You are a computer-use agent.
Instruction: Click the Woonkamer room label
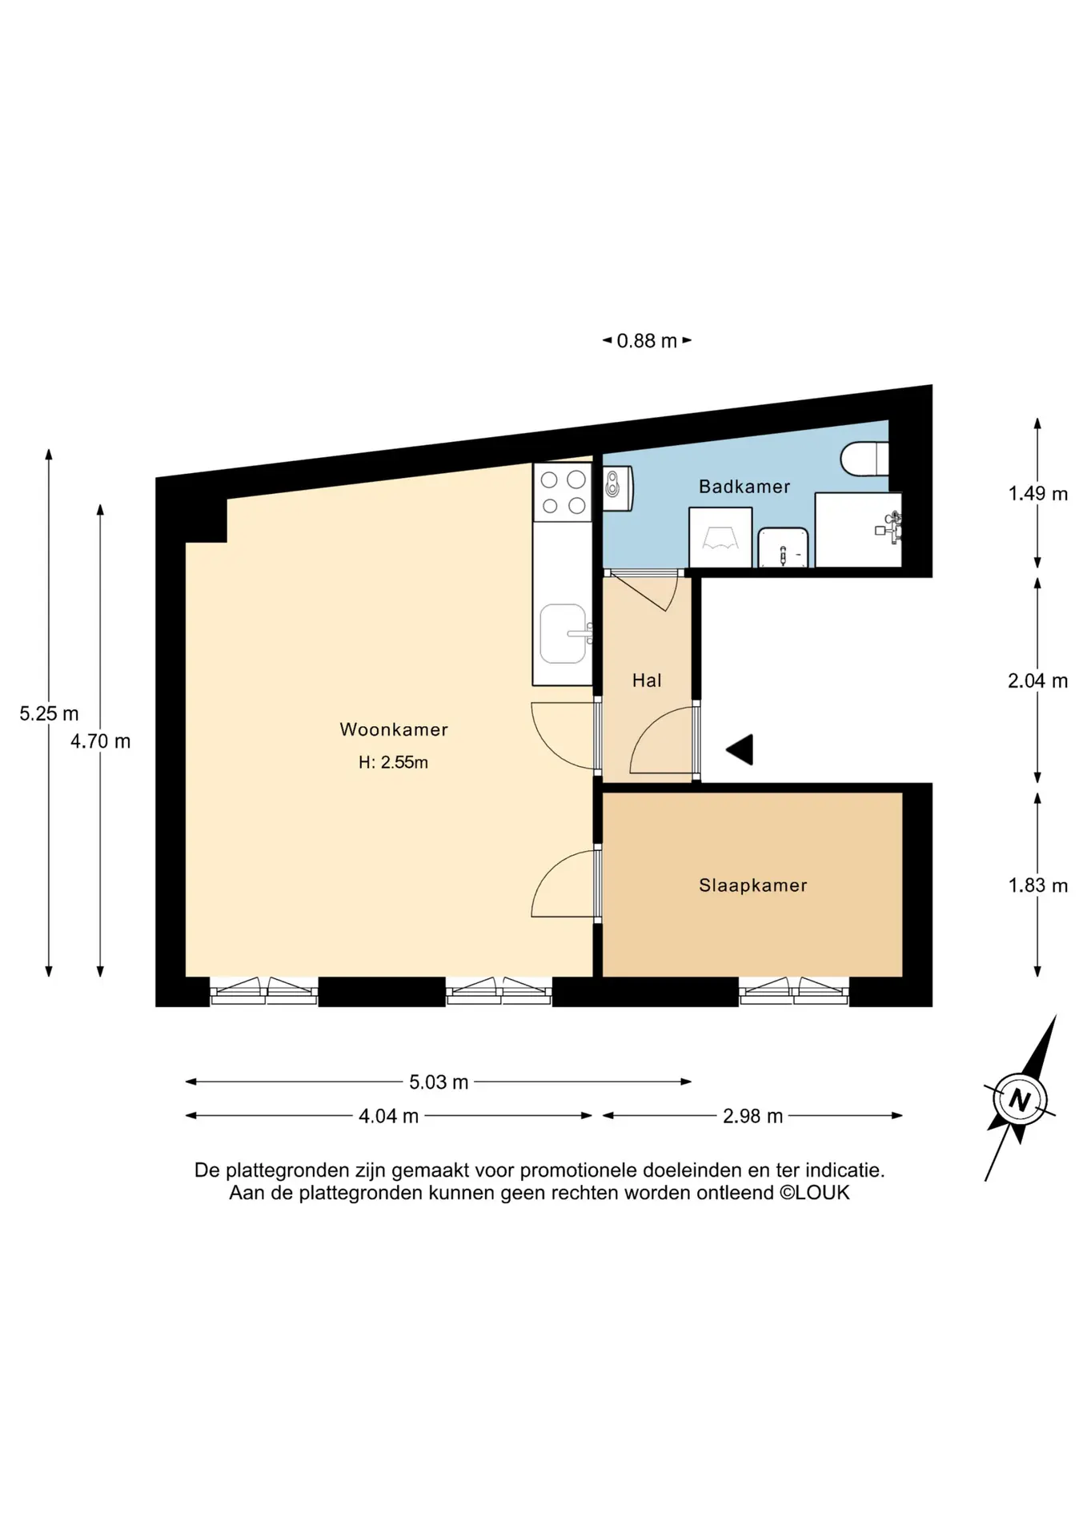point(393,729)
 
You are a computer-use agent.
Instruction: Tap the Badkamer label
point(744,487)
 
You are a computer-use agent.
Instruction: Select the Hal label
point(647,680)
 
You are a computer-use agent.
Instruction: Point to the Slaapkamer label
point(752,885)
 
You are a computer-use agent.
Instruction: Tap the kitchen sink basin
point(563,634)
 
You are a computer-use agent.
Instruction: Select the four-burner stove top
point(563,492)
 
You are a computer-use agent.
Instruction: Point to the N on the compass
point(1019,1099)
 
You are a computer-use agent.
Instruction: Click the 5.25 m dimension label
point(49,713)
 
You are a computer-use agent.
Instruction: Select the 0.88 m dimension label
point(647,341)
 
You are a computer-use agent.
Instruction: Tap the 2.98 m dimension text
point(752,1116)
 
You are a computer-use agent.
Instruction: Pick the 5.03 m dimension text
point(439,1082)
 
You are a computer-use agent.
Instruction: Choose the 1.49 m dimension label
point(1037,493)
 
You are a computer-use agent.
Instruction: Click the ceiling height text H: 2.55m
point(393,763)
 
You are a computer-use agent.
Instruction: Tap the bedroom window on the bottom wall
point(794,991)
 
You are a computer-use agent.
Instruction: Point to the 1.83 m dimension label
point(1037,885)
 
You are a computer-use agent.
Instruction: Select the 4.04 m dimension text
point(388,1116)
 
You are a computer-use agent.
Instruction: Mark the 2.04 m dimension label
point(1037,680)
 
